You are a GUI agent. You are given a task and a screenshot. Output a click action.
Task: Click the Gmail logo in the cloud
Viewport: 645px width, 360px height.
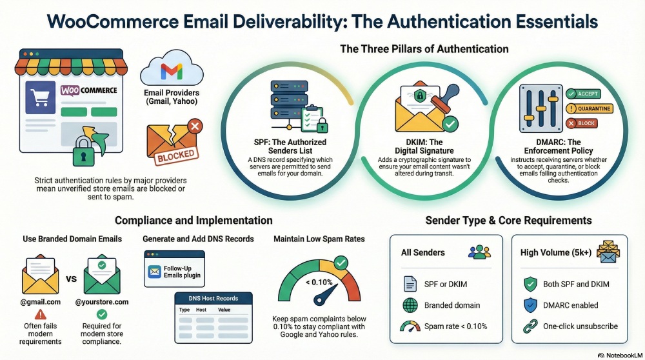pyautogui.click(x=171, y=70)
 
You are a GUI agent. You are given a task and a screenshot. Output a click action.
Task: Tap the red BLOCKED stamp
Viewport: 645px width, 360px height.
pyautogui.click(x=176, y=155)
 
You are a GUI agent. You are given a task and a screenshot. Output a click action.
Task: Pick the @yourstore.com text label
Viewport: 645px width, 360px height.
pyautogui.click(x=102, y=301)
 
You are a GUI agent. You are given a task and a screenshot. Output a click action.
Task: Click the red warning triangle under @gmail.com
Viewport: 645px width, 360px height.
pyautogui.click(x=41, y=315)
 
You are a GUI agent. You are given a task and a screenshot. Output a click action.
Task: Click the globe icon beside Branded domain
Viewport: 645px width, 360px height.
pyautogui.click(x=410, y=305)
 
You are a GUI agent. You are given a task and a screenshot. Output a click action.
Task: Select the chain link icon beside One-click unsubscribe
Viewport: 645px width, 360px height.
pyautogui.click(x=531, y=326)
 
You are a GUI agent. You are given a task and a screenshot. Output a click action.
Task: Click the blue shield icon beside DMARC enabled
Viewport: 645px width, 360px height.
pyautogui.click(x=531, y=305)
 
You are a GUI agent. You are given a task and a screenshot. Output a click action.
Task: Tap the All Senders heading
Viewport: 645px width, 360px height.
pyautogui.click(x=422, y=252)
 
